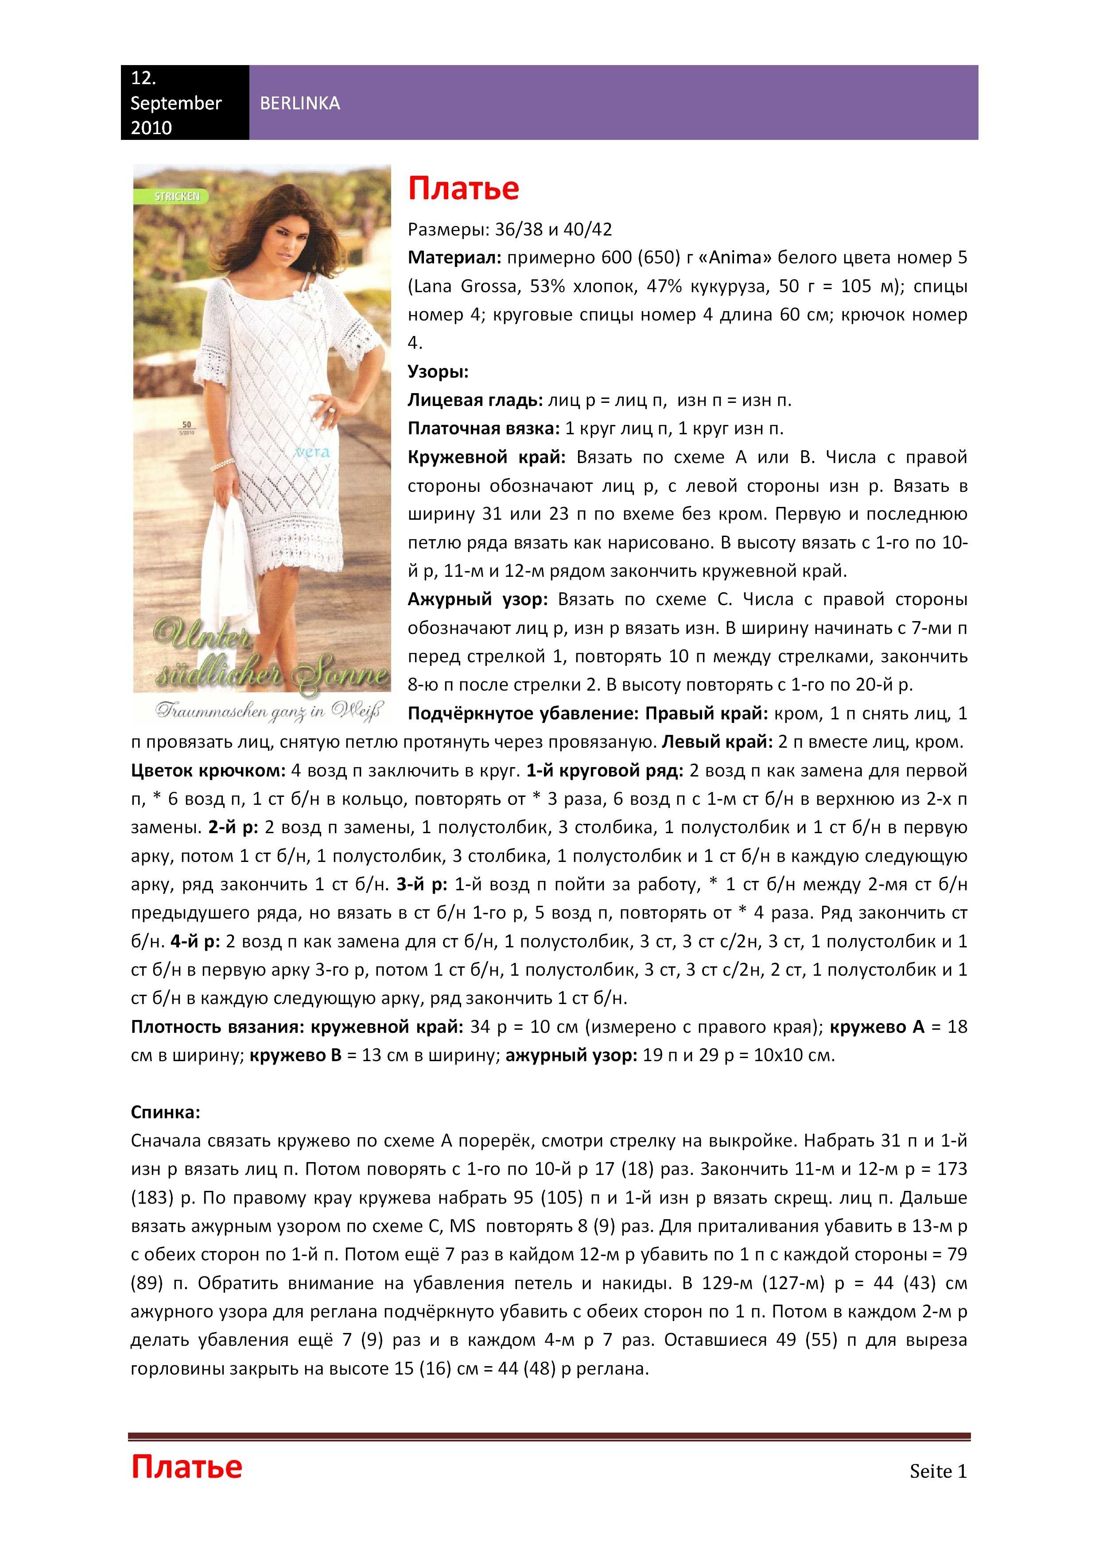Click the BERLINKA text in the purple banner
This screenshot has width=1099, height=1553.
click(300, 104)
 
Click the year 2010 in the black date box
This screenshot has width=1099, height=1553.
click(151, 128)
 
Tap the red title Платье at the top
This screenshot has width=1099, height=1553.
click(463, 188)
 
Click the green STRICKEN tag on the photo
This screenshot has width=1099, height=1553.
click(177, 196)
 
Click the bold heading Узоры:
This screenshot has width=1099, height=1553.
click(438, 371)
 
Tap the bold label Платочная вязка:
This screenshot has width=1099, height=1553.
click(484, 428)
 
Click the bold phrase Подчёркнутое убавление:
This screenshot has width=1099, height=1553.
click(523, 714)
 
